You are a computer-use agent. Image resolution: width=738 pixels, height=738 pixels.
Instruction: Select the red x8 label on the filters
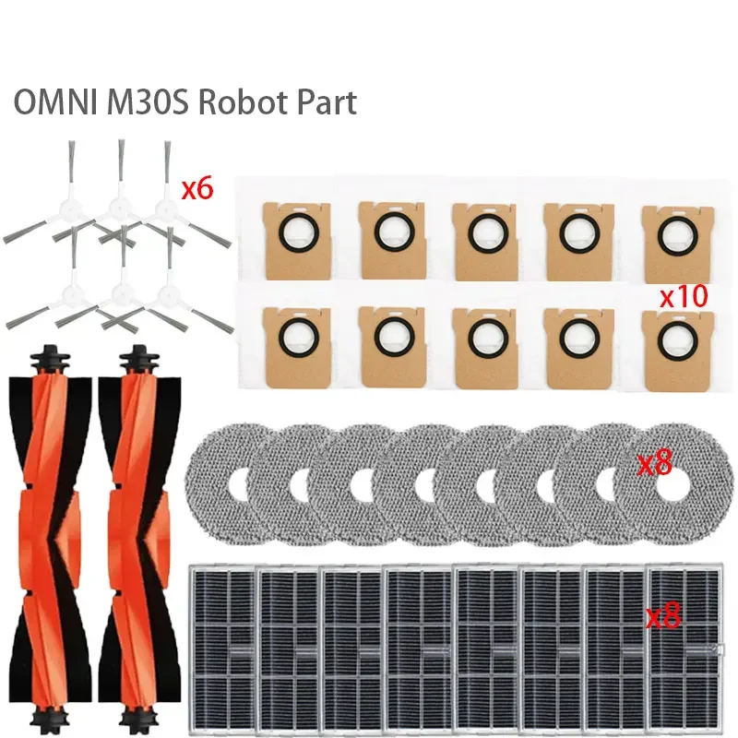[662, 616]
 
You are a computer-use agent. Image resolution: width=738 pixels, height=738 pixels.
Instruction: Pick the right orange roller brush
[141, 535]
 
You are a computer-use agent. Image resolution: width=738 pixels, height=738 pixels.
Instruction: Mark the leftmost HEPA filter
[221, 646]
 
